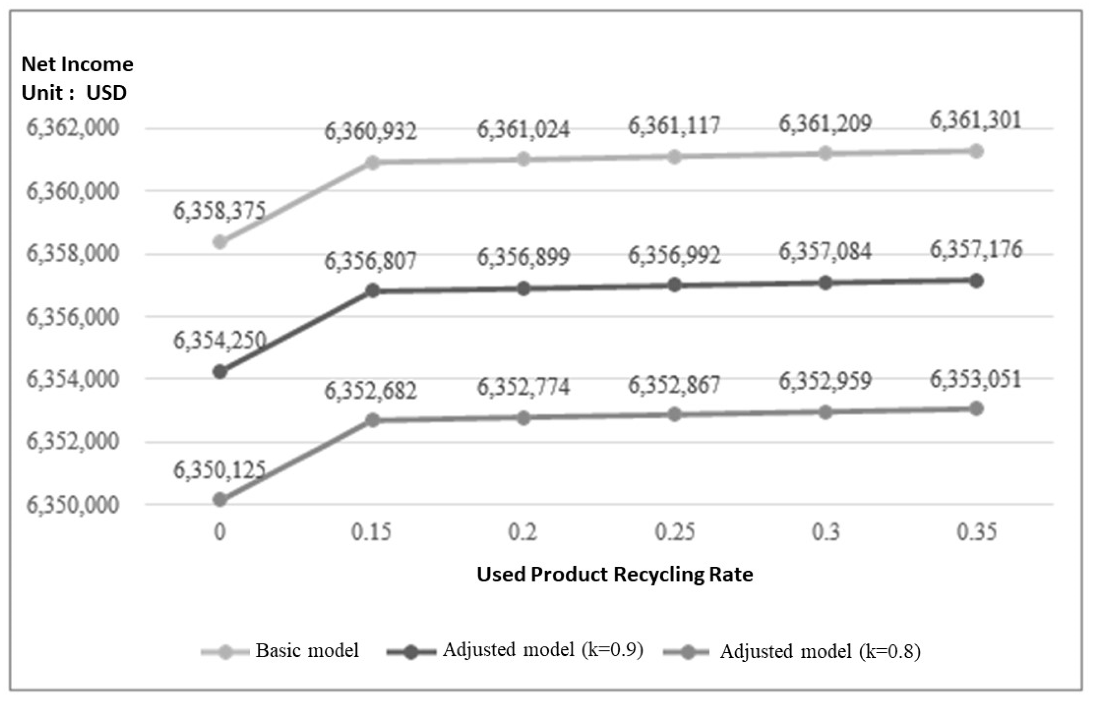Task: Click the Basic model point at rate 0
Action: click(x=220, y=242)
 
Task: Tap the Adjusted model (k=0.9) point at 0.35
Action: click(x=976, y=281)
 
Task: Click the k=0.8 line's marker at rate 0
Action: click(x=220, y=500)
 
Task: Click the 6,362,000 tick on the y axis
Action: click(x=73, y=128)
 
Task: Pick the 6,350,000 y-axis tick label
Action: click(x=73, y=505)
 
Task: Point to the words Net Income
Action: click(x=77, y=64)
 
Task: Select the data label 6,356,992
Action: click(x=674, y=255)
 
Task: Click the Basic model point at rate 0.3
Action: click(x=825, y=154)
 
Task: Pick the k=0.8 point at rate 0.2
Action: click(x=524, y=418)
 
